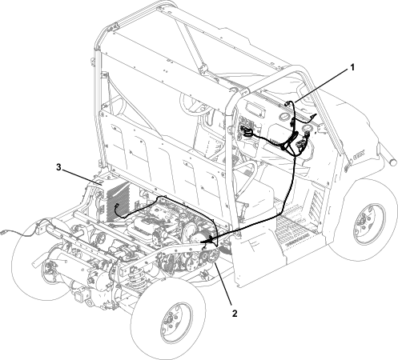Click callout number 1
pos(352,67)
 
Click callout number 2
pos(235,314)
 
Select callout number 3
pos(58,167)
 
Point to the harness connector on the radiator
pos(117,206)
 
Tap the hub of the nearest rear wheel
pos(173,320)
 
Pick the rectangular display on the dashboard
pos(255,110)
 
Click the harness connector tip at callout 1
pos(287,103)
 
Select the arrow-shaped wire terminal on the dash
pos(315,116)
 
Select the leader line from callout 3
pos(82,177)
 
